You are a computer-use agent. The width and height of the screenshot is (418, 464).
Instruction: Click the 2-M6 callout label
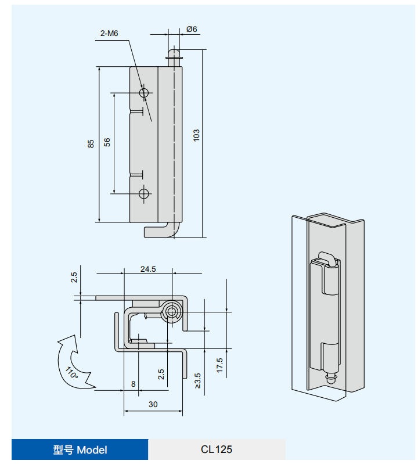[x=109, y=34]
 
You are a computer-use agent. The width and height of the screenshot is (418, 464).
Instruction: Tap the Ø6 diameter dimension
[x=192, y=29]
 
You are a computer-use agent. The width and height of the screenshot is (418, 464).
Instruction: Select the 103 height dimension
[x=196, y=135]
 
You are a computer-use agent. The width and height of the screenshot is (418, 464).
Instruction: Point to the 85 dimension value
[x=91, y=144]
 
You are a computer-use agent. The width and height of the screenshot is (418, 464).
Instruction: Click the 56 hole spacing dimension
[x=107, y=142]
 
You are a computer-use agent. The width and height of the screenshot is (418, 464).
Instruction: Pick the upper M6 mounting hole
[x=143, y=92]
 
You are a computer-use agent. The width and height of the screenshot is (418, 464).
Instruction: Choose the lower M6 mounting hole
[x=143, y=193]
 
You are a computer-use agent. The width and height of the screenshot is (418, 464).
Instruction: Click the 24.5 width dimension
[x=148, y=269]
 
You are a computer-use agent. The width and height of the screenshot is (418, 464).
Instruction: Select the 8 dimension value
[x=133, y=384]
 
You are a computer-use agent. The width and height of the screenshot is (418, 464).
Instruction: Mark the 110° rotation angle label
[x=71, y=372]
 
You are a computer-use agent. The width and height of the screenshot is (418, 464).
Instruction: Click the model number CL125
[x=217, y=449]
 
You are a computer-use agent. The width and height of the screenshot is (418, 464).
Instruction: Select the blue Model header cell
[x=80, y=449]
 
